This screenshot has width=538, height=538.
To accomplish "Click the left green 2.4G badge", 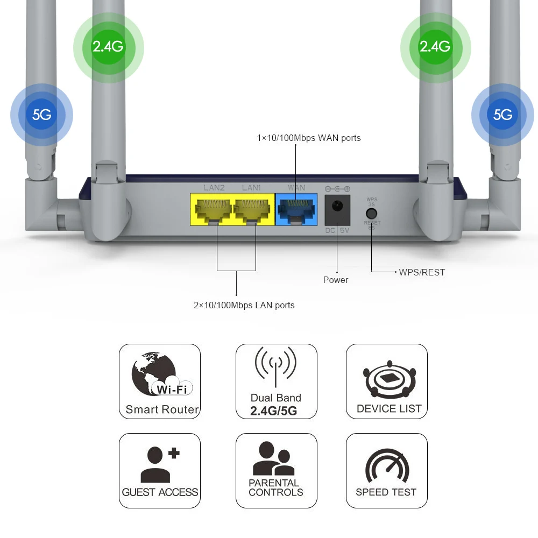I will (108, 47).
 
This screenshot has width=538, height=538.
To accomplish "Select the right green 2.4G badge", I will (435, 47).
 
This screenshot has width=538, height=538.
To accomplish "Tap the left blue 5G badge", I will (41, 115).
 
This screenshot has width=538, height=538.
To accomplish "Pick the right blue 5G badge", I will (502, 115).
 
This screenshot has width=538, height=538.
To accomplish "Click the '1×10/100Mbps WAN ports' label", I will (309, 138).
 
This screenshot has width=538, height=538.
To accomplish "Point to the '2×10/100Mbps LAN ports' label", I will (244, 305).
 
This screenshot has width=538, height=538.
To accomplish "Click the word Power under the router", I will (336, 280).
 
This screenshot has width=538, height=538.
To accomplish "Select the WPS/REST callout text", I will (422, 272).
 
